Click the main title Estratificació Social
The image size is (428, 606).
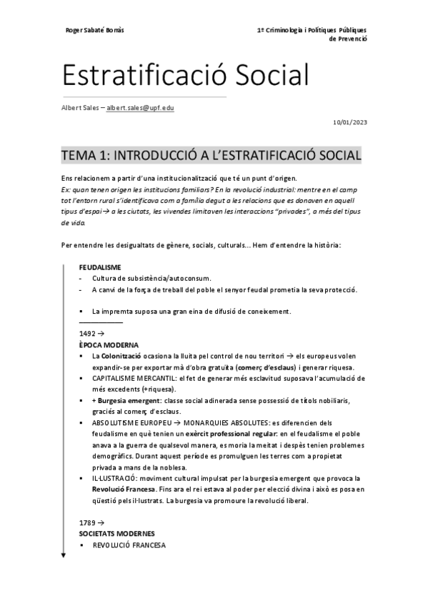click(185, 75)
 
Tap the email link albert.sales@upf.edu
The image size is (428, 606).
click(141, 108)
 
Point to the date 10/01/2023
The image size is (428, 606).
click(350, 123)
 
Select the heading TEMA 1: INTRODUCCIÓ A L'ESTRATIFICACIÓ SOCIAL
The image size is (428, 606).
click(211, 155)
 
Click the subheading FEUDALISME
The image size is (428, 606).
click(100, 267)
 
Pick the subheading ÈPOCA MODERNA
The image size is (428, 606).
click(109, 344)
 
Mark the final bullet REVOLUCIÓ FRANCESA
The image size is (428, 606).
click(129, 545)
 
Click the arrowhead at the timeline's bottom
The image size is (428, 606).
click(64, 555)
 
